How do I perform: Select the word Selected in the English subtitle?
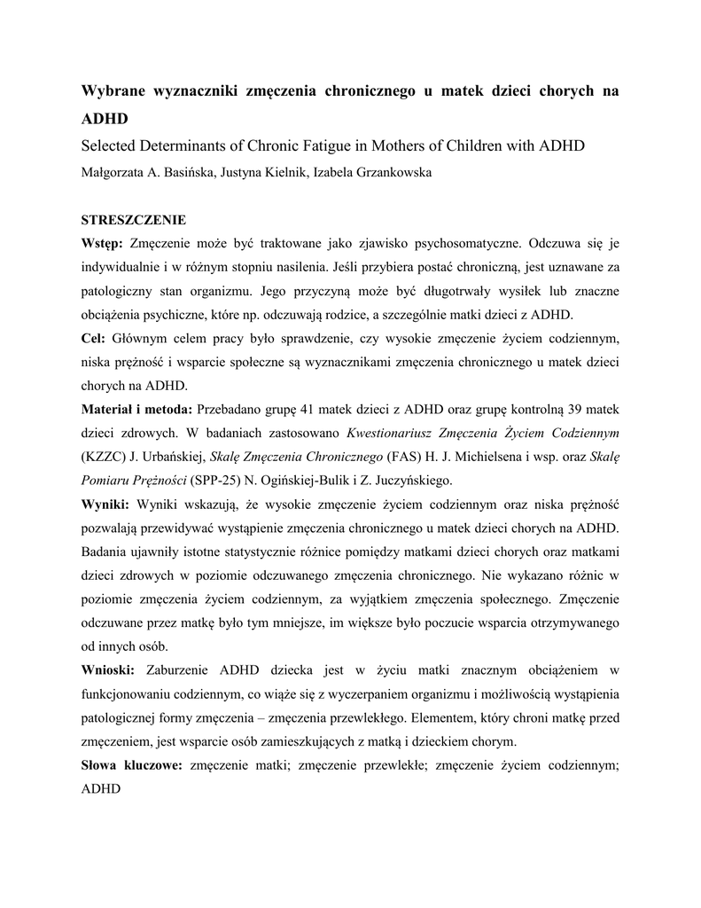coord(110,145)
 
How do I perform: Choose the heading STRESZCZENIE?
coord(134,219)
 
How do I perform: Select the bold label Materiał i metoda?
coord(137,409)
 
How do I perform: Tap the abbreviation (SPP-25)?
coord(204,481)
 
